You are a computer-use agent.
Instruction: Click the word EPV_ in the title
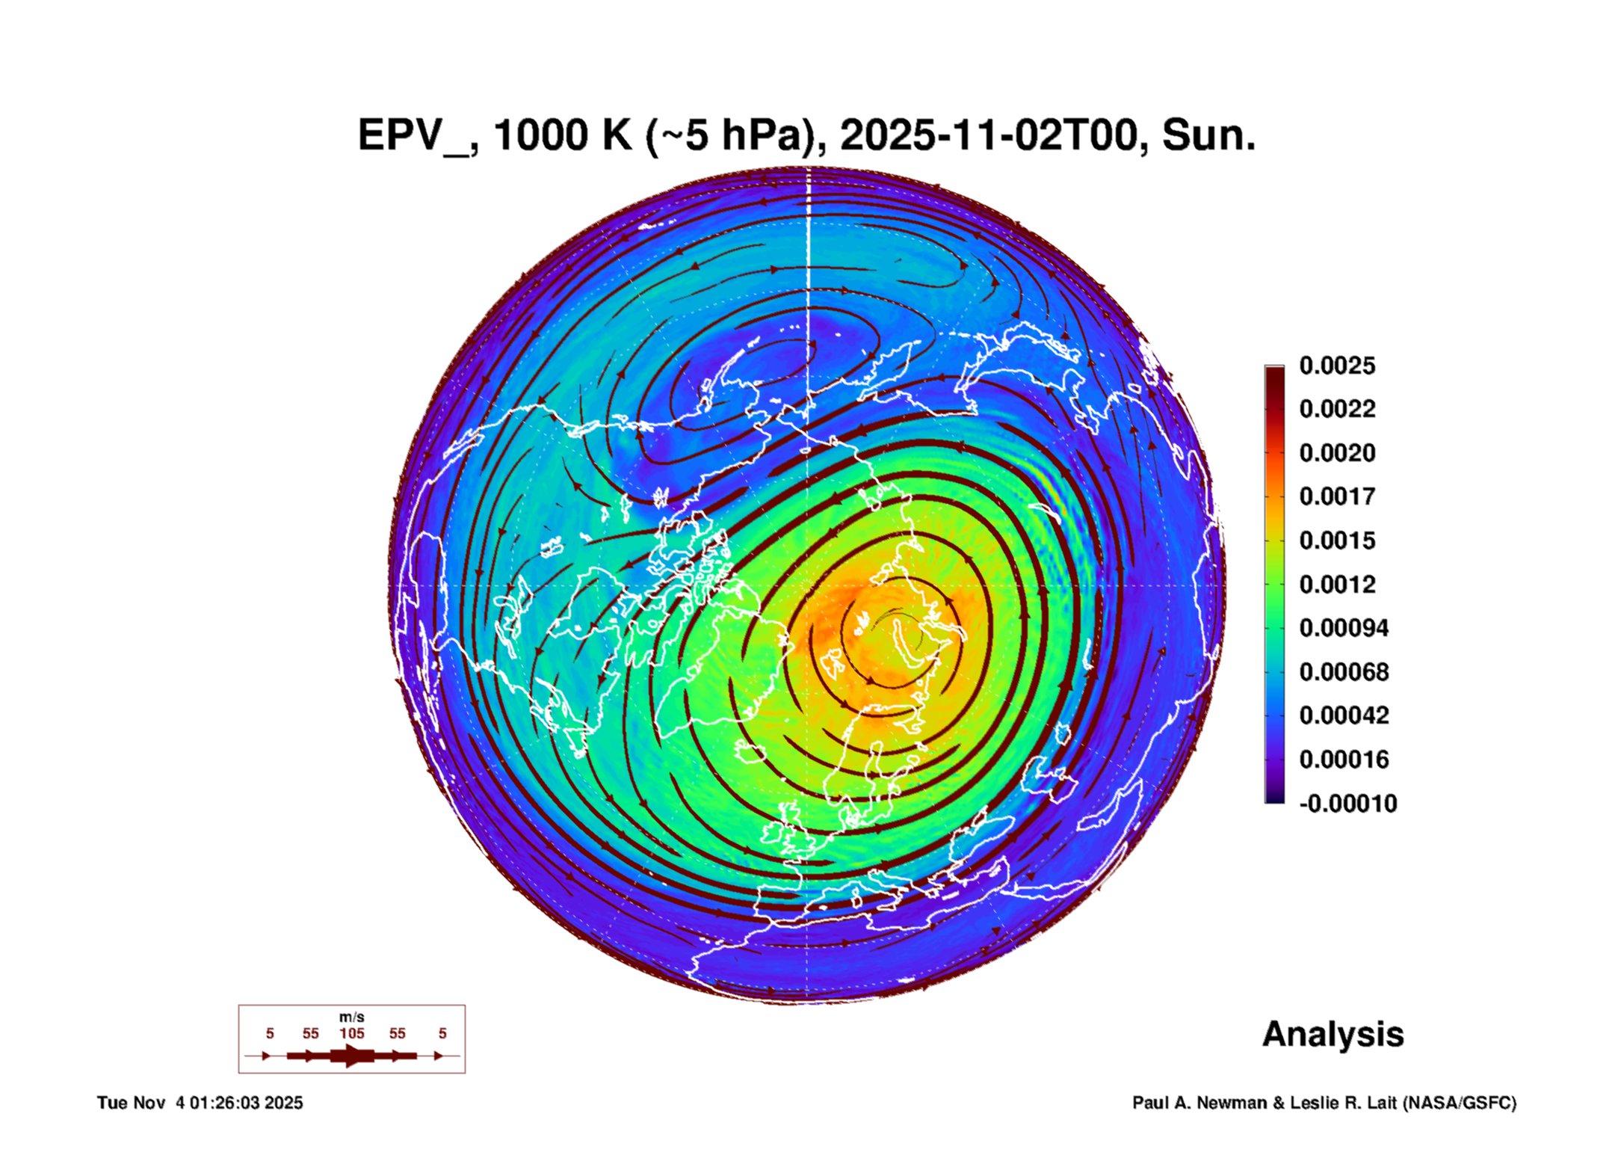[x=414, y=136]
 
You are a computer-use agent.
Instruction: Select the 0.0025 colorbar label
[x=1337, y=366]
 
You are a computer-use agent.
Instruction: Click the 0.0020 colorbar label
[x=1337, y=453]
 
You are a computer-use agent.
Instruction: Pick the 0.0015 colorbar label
[x=1337, y=541]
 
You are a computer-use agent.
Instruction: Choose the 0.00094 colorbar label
[x=1344, y=628]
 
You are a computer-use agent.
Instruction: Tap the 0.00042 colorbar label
[x=1344, y=715]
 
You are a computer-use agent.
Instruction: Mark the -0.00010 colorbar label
[x=1348, y=804]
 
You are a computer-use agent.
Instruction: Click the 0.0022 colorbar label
[x=1337, y=409]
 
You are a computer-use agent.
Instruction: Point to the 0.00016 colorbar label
[x=1344, y=760]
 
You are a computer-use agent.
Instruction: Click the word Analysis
[x=1333, y=1035]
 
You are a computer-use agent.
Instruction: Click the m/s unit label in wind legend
[x=352, y=1017]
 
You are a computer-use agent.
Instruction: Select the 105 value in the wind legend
[x=352, y=1033]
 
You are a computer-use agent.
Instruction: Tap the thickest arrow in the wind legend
[x=352, y=1056]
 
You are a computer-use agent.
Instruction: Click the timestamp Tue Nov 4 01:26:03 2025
[x=200, y=1103]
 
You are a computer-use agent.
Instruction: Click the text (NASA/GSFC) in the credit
[x=1459, y=1103]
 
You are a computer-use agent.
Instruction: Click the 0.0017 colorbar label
[x=1337, y=496]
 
